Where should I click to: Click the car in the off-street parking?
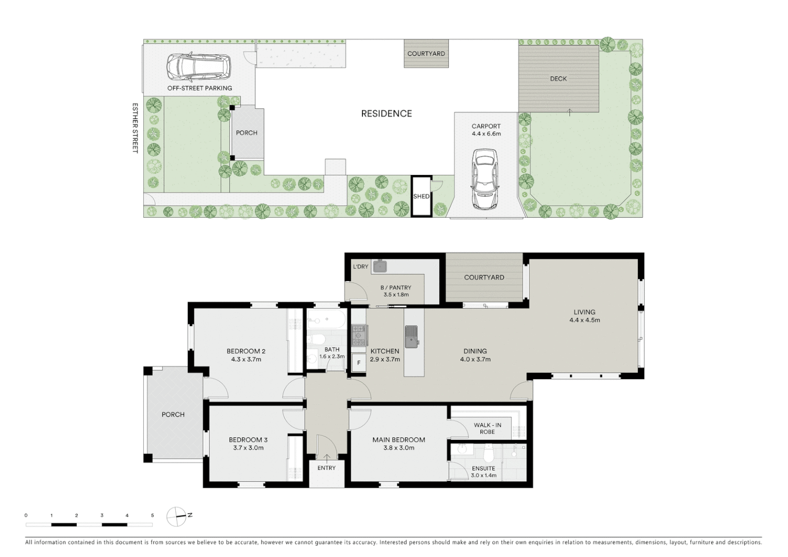199,67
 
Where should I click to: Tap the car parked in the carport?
485,179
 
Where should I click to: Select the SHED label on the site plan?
421,196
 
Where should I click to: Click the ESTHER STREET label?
135,128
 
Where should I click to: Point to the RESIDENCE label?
386,113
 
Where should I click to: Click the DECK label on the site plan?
558,79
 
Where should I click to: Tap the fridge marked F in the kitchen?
358,363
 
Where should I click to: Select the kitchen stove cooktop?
358,335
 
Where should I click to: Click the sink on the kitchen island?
411,336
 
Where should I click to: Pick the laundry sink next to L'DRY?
380,266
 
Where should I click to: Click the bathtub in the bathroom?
325,320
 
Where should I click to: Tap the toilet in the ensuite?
489,453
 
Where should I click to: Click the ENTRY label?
326,468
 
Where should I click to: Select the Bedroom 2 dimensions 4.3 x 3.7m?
246,359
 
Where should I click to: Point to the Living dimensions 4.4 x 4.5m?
584,320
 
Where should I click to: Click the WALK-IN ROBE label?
487,429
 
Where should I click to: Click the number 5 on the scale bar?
152,515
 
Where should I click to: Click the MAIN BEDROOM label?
399,440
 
